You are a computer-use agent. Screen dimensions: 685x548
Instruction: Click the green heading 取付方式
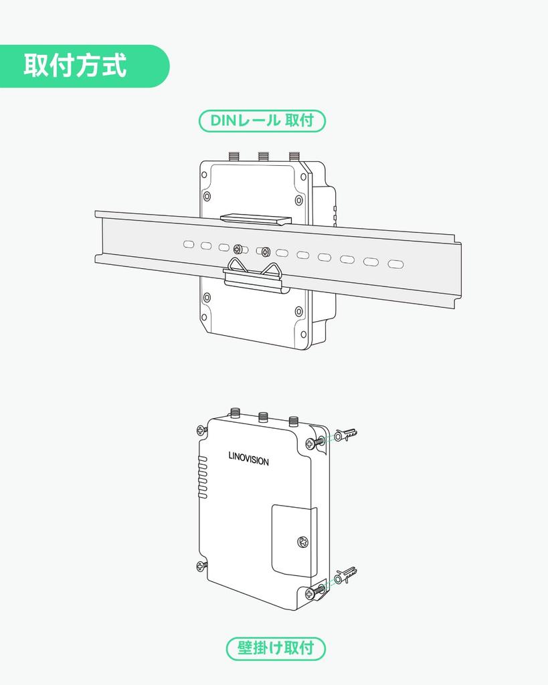(76, 66)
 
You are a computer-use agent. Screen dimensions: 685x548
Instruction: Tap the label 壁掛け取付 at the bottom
(276, 648)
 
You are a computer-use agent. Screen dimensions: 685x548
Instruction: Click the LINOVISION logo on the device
(248, 460)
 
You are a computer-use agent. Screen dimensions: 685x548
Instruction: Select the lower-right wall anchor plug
(346, 575)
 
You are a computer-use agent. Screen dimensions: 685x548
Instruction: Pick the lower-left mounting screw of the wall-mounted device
(201, 567)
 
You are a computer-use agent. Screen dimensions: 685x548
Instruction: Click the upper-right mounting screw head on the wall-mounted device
(310, 443)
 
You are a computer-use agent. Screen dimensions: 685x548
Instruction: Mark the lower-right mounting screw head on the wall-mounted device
(310, 592)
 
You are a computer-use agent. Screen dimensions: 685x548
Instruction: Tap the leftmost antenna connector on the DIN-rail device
(234, 156)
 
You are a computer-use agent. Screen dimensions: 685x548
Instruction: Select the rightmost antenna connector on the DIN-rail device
(294, 156)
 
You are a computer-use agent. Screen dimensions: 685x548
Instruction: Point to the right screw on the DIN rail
(266, 252)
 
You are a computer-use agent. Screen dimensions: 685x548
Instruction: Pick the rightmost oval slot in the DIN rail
(396, 264)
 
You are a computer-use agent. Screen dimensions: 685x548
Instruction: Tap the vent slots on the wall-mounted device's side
(201, 477)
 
